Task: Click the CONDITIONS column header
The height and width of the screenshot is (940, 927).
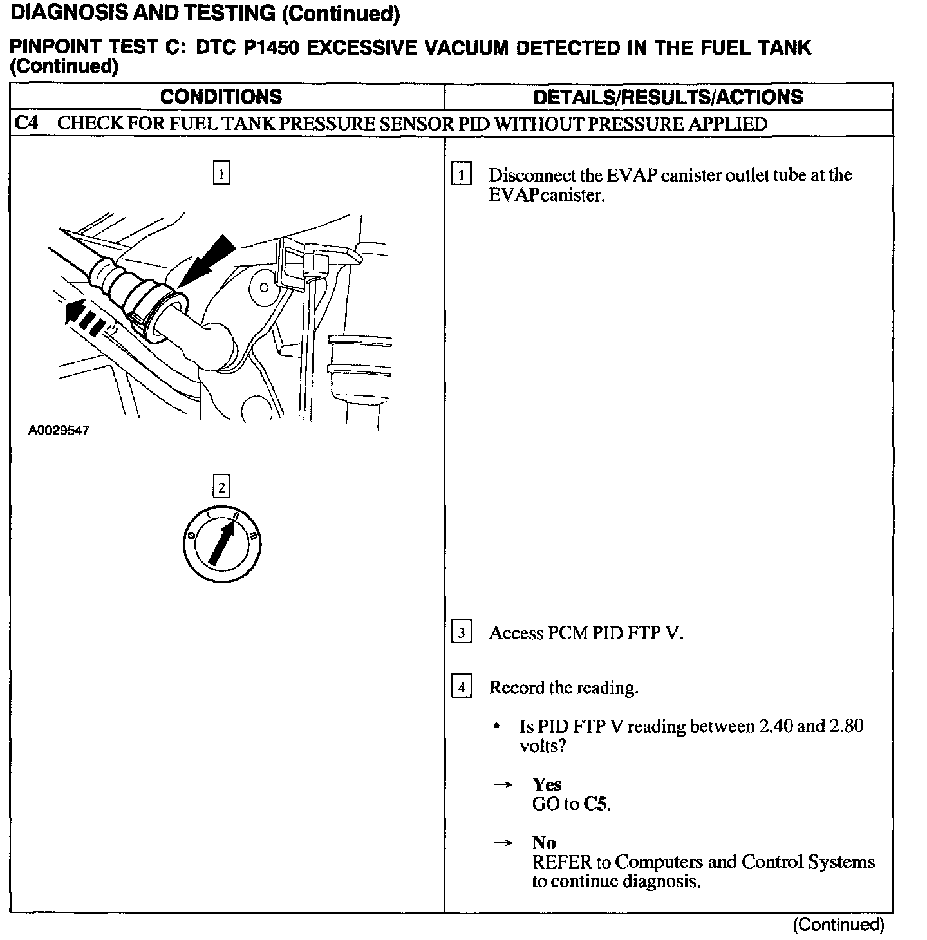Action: [221, 97]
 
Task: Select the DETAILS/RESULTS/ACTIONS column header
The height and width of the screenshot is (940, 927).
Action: [668, 97]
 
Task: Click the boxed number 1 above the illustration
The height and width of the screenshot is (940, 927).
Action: [221, 174]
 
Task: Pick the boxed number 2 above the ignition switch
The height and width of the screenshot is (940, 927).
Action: [221, 487]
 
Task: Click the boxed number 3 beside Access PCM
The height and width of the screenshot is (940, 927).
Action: [462, 633]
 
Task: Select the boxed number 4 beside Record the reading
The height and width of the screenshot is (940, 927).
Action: [462, 688]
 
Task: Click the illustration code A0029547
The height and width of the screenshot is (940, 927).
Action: [59, 430]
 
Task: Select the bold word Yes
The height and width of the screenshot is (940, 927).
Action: [547, 784]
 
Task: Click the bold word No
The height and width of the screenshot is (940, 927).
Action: [544, 842]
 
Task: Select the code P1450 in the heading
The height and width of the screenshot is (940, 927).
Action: [263, 48]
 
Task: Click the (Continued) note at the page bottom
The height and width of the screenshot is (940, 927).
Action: [838, 925]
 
